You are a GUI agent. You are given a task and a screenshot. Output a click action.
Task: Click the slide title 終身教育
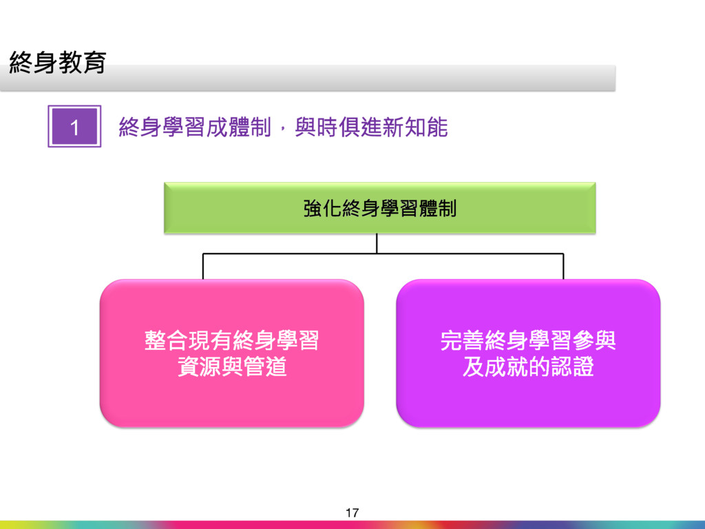pyautogui.click(x=57, y=63)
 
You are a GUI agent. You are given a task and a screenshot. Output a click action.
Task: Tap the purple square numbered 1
pyautogui.click(x=74, y=126)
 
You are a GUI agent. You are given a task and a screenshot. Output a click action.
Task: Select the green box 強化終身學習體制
pyautogui.click(x=379, y=208)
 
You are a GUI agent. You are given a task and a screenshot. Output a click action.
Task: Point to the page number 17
pyautogui.click(x=352, y=512)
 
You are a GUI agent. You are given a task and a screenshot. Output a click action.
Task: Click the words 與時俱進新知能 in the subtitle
pyautogui.click(x=371, y=127)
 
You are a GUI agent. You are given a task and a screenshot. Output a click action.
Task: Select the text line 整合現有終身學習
pyautogui.click(x=231, y=341)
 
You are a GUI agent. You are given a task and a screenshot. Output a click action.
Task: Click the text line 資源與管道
pyautogui.click(x=231, y=367)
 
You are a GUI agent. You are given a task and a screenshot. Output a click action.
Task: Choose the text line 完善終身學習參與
pyautogui.click(x=528, y=341)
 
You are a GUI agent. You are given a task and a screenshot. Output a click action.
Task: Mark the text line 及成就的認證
pyautogui.click(x=528, y=367)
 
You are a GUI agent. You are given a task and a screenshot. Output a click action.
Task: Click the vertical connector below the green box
pyautogui.click(x=377, y=244)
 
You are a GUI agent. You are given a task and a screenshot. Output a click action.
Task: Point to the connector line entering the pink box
pyautogui.click(x=202, y=267)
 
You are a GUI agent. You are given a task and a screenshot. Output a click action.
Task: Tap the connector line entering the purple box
pyautogui.click(x=563, y=267)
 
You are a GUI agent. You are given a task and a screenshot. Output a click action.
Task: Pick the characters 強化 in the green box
pyautogui.click(x=322, y=208)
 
